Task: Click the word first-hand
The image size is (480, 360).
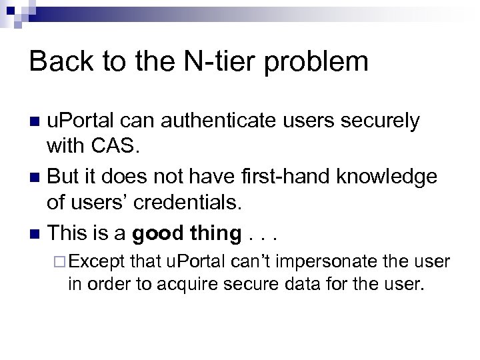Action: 296,177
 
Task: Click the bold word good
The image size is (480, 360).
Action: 158,234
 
